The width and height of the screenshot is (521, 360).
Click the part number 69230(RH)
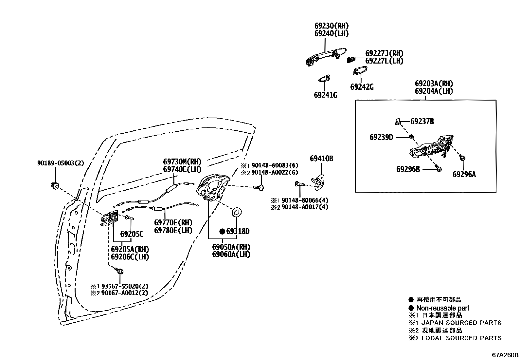click(x=331, y=26)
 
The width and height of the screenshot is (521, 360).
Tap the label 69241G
click(x=325, y=95)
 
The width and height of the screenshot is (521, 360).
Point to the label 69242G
click(x=362, y=87)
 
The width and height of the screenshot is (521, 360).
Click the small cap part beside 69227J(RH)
click(x=351, y=59)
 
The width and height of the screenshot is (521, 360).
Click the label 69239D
click(x=381, y=137)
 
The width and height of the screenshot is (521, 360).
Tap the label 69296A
click(x=464, y=175)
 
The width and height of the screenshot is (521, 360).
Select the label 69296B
click(x=408, y=169)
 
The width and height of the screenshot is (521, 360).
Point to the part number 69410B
click(x=321, y=159)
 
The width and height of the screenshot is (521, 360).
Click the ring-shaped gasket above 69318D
click(x=237, y=212)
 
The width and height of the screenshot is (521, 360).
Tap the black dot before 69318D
click(x=222, y=232)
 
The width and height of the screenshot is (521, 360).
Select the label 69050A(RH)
click(x=231, y=247)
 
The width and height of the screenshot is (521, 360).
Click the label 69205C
click(x=132, y=234)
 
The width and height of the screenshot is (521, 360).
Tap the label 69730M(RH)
click(x=182, y=161)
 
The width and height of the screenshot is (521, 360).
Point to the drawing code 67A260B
click(x=505, y=355)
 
